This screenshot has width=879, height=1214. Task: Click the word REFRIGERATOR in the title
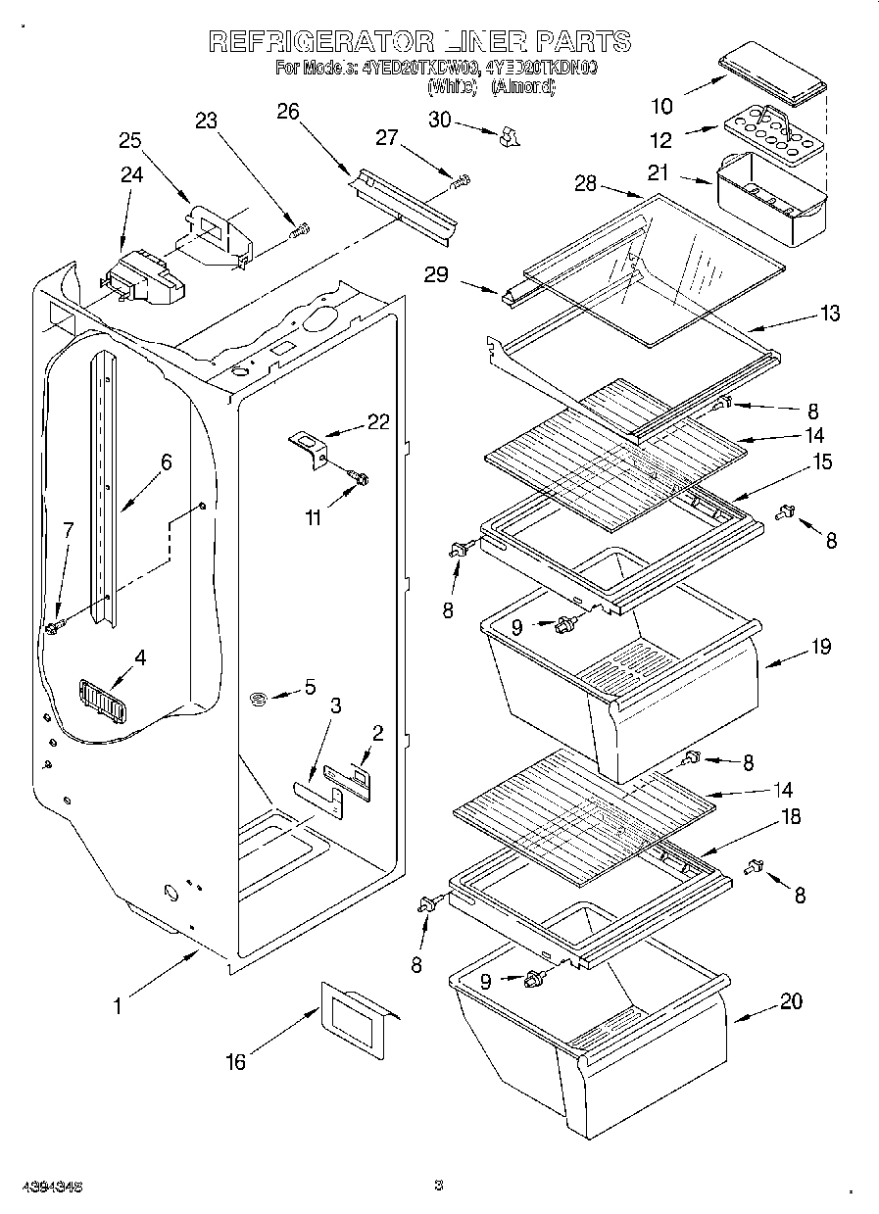pos(321,41)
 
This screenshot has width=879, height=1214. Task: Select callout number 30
pos(440,120)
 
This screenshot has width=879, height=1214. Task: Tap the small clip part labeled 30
pos(507,137)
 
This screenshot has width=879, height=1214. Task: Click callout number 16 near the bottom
pos(235,1061)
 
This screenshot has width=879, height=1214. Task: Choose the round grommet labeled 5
pos(261,697)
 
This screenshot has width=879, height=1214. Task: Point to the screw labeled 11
pos(360,477)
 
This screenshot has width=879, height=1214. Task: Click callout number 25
pos(130,139)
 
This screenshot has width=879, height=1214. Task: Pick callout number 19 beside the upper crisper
pos(821,646)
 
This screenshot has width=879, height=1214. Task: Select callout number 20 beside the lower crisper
pos(791,1000)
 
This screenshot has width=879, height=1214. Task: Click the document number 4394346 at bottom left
pos(41,1185)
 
